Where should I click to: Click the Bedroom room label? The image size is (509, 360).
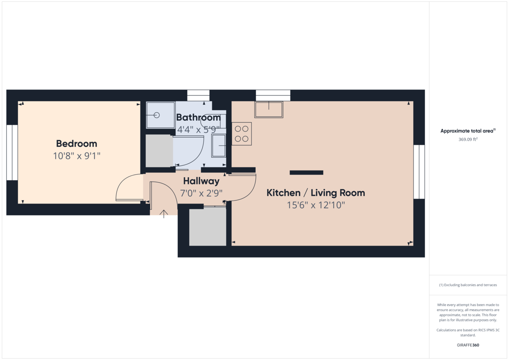(x=77, y=144)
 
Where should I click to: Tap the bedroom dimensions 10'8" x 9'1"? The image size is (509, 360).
(x=77, y=156)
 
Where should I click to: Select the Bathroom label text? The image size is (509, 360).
(x=199, y=117)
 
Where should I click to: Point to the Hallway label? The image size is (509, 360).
(x=201, y=181)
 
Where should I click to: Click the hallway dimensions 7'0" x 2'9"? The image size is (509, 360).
(x=201, y=193)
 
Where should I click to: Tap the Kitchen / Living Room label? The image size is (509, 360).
(x=316, y=193)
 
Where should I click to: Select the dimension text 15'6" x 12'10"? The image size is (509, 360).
(x=316, y=205)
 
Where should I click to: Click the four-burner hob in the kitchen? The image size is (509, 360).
(x=241, y=134)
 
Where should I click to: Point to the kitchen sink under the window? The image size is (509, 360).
(x=269, y=109)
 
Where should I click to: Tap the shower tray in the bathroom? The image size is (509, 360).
(x=160, y=115)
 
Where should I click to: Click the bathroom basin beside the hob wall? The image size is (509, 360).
(x=218, y=145)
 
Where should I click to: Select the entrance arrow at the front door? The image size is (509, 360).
(x=164, y=214)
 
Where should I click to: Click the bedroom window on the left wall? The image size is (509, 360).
(x=12, y=153)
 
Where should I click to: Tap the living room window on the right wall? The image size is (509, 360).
(x=419, y=172)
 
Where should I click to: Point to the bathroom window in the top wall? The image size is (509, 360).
(x=198, y=95)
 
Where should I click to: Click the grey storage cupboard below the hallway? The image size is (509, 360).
(x=208, y=227)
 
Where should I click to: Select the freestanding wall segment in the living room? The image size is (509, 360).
(x=306, y=173)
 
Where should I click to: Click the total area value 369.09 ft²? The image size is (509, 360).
(x=468, y=139)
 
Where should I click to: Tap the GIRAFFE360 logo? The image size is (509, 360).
(x=468, y=345)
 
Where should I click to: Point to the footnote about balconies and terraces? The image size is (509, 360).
(x=468, y=285)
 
